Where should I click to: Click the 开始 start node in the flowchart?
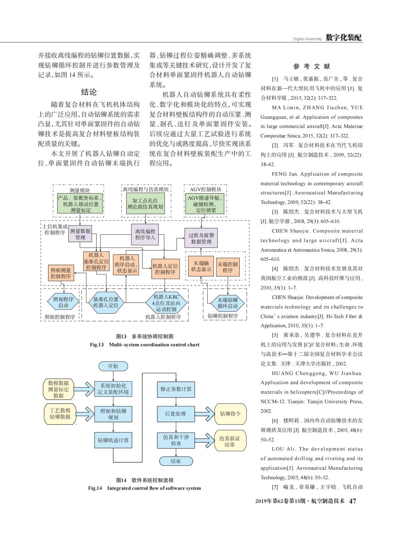[x=113, y=366]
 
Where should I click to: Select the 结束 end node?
[x=176, y=461]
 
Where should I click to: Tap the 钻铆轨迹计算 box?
[x=113, y=440]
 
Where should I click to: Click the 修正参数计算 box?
[x=176, y=389]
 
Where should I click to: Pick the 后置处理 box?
[x=176, y=414]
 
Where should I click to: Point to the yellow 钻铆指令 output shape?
[x=231, y=414]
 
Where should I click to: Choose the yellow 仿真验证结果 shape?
[x=231, y=441]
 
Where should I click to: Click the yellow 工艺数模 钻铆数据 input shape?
[x=60, y=414]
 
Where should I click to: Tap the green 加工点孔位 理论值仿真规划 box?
[x=145, y=204]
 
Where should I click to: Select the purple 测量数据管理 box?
[x=80, y=234]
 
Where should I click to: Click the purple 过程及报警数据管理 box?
[x=201, y=238]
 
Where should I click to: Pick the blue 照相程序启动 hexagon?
[x=63, y=302]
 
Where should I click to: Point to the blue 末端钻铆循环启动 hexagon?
[x=227, y=303]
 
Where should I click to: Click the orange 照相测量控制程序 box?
[x=61, y=273]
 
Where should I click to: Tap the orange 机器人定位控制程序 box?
[x=165, y=269]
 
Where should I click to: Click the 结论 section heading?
[x=89, y=92]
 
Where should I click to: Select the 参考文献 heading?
[x=312, y=66]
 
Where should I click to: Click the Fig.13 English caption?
[x=145, y=345]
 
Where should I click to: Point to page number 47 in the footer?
[x=353, y=501]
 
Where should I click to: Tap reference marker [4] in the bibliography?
[x=275, y=269]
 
